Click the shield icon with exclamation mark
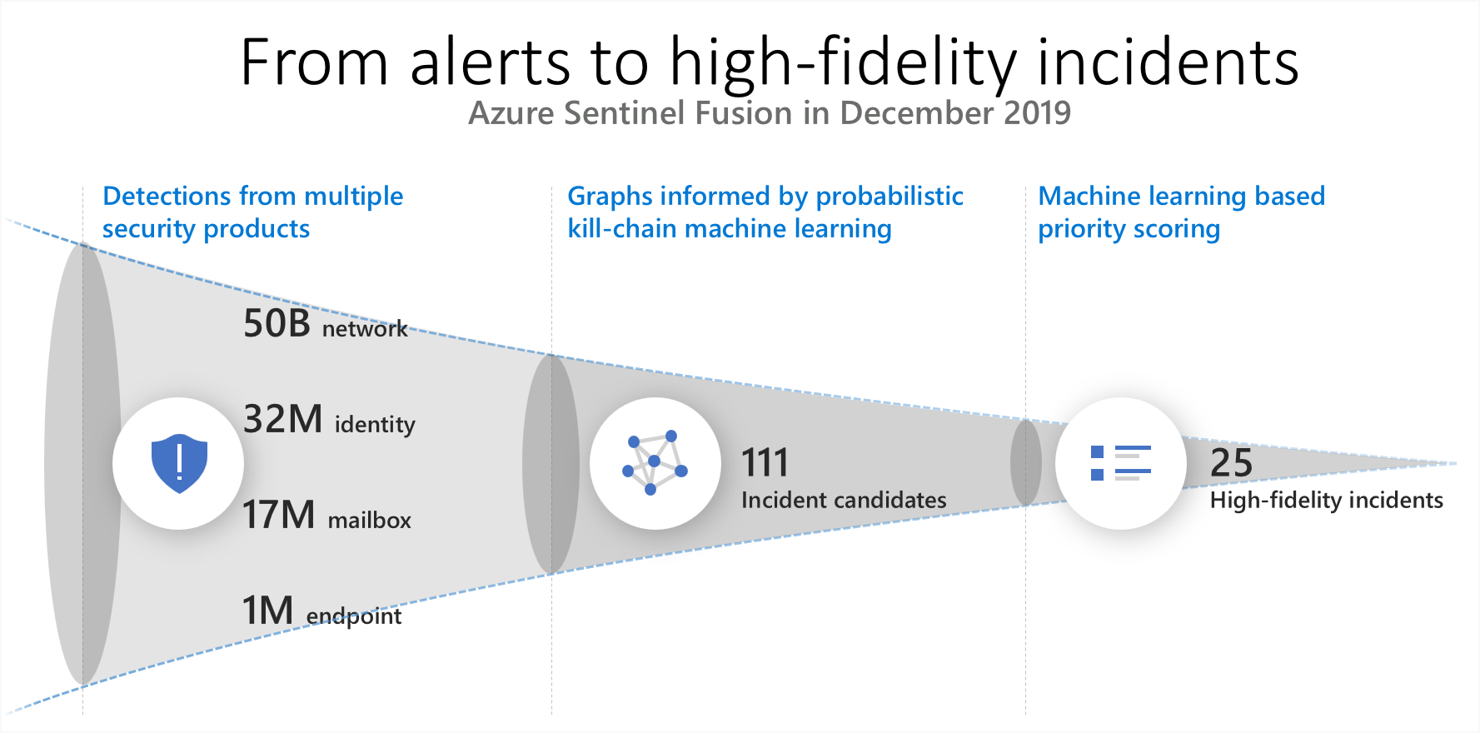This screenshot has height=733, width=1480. (x=179, y=463)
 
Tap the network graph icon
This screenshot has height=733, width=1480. (x=655, y=463)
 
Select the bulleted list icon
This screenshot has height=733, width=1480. (x=1120, y=463)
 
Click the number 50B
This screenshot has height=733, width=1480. (x=277, y=323)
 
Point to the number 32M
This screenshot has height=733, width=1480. (x=282, y=419)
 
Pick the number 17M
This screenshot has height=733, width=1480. (x=278, y=515)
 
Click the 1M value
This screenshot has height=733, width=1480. (x=267, y=611)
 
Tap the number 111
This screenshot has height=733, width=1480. (x=765, y=463)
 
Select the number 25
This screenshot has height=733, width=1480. (x=1231, y=463)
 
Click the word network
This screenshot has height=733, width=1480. (x=365, y=329)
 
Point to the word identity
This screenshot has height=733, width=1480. (x=375, y=425)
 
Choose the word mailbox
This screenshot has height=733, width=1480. (x=370, y=521)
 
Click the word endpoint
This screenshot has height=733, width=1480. (x=354, y=616)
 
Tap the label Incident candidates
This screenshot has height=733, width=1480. (x=844, y=500)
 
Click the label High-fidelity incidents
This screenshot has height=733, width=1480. (x=1326, y=500)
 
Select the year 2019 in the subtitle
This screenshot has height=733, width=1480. (x=1037, y=113)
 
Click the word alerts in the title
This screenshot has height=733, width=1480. (x=490, y=62)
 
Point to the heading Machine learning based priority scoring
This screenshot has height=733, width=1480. (x=1180, y=212)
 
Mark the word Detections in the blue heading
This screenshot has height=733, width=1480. (x=167, y=196)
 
